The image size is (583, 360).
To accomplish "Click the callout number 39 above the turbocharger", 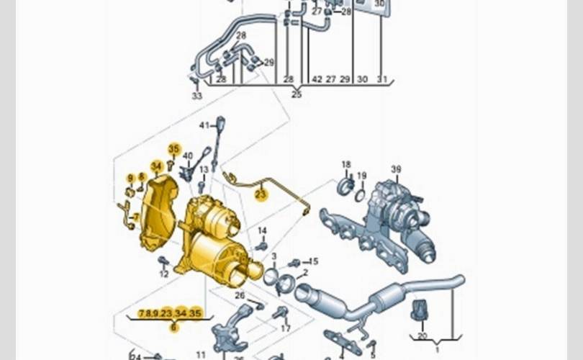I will click(396, 169).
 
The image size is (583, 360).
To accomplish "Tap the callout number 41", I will click(204, 125).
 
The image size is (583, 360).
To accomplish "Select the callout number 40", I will click(187, 156).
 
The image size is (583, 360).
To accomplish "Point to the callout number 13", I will click(204, 170).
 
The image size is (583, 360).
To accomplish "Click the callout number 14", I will click(262, 231).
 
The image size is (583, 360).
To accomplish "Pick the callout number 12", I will click(163, 274).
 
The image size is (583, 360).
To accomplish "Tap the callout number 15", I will click(313, 261).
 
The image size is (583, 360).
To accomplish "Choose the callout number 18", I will click(346, 165).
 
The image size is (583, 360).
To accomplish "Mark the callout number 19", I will click(362, 176).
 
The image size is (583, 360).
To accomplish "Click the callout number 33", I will click(196, 96).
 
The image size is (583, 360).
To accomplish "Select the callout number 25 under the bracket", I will click(297, 94).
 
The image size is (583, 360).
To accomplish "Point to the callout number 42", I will click(317, 79).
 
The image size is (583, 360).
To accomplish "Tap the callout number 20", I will click(422, 336).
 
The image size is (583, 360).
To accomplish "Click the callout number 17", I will click(286, 328).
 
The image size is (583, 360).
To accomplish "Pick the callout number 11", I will click(201, 354).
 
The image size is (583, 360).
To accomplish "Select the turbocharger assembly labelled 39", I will click(396, 216).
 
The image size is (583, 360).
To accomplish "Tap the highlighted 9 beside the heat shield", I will click(130, 178).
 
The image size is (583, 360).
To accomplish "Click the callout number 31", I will click(382, 79).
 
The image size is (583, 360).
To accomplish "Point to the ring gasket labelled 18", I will click(345, 187).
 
